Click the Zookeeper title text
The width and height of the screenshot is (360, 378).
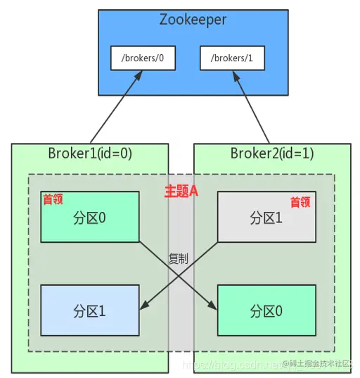[x=193, y=20]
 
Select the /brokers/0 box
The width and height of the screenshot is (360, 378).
[x=143, y=58]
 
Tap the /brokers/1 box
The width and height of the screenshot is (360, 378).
[x=232, y=58]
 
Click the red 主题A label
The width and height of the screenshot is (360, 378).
[x=181, y=191]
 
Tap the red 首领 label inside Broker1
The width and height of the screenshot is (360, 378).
[x=53, y=199]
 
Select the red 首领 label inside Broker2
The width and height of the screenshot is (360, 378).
[x=300, y=202]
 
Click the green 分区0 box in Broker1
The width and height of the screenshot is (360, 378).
[x=89, y=218]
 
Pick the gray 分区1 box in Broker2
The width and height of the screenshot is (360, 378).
[x=266, y=218]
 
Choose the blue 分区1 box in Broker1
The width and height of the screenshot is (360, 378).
[x=89, y=309]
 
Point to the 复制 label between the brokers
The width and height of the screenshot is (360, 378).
[x=179, y=258]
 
